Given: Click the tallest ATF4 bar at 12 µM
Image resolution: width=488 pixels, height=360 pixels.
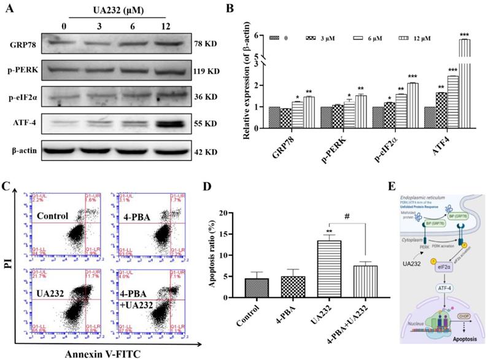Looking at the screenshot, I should point(465,74).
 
